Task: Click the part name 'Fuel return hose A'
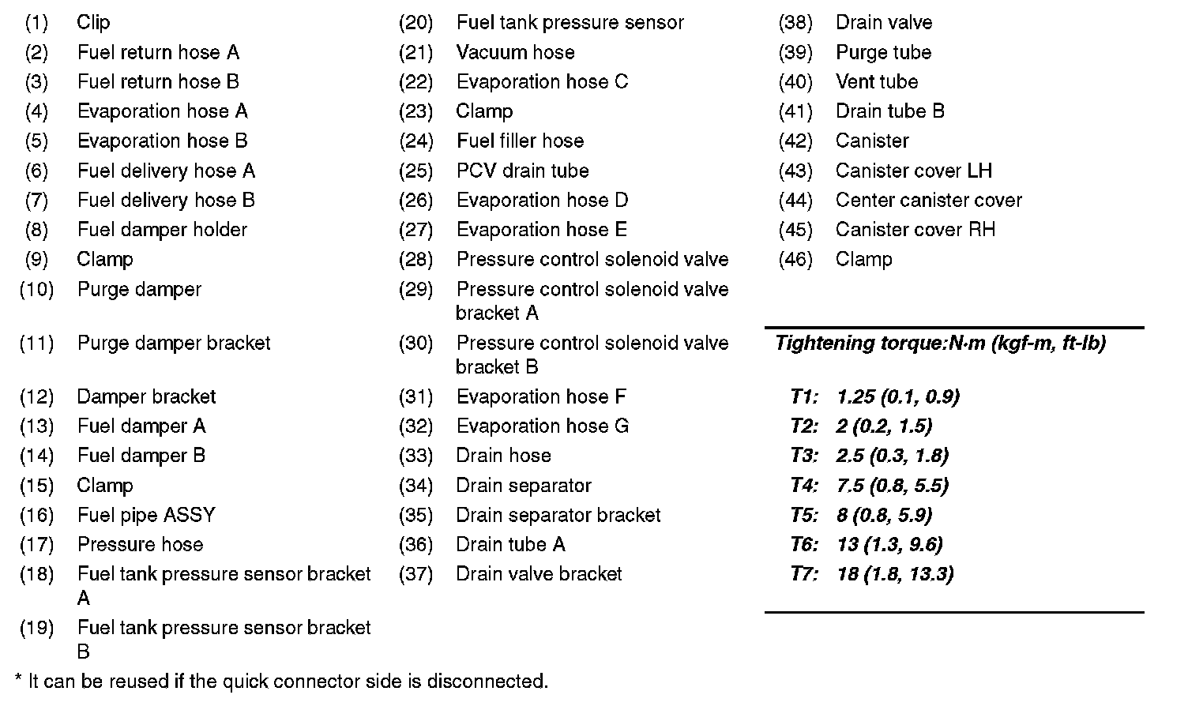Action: [158, 53]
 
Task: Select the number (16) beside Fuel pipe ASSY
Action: [37, 516]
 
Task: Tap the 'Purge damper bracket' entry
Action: [174, 344]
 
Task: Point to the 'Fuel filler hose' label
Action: [520, 141]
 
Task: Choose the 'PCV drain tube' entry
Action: [522, 171]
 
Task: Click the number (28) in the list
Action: [416, 260]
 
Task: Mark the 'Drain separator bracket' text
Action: [558, 516]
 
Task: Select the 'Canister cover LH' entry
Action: [913, 171]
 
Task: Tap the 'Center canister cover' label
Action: [928, 201]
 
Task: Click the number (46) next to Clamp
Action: [795, 260]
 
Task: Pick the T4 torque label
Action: [804, 486]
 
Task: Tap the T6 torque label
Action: [804, 545]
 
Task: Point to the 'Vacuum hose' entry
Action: [515, 53]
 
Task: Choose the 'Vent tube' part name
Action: [877, 82]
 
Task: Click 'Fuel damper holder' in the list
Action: [162, 231]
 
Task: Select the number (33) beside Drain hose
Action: [416, 456]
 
